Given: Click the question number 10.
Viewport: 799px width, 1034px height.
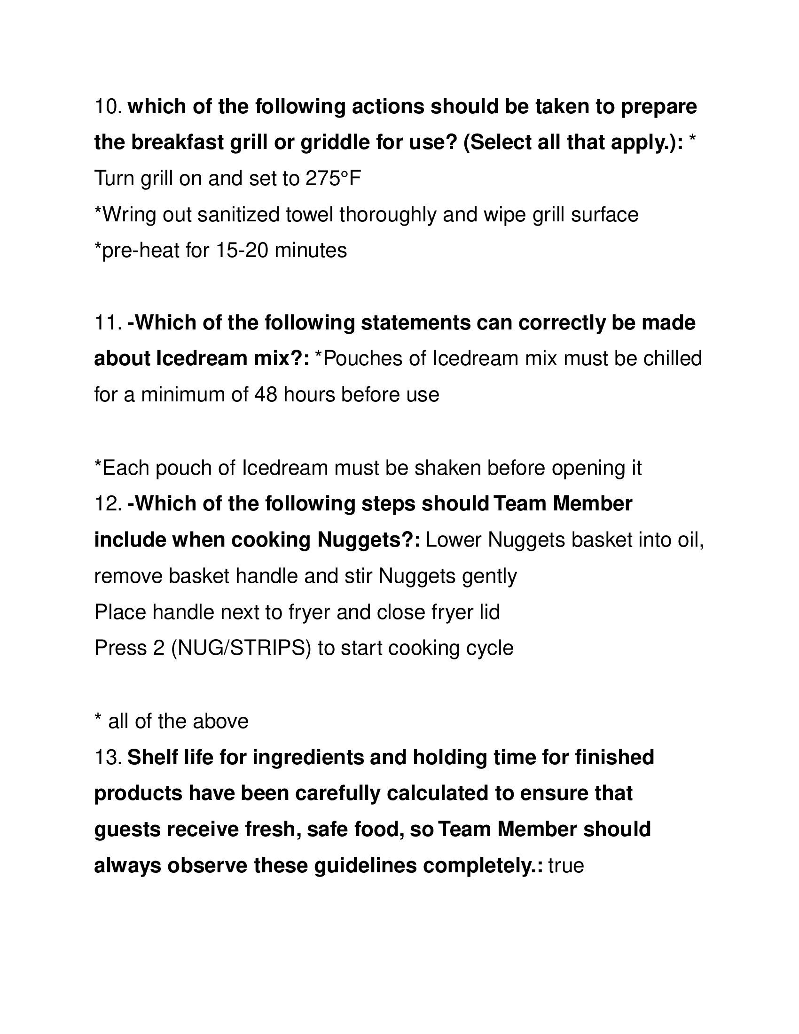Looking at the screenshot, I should (108, 107).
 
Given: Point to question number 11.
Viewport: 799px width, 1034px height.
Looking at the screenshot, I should (108, 323).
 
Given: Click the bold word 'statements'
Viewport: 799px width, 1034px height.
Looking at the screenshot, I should (416, 323).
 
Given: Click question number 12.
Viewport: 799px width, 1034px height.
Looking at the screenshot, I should (108, 504).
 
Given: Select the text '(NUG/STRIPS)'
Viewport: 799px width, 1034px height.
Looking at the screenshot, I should (241, 648).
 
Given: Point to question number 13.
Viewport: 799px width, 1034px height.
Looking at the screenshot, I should (108, 758).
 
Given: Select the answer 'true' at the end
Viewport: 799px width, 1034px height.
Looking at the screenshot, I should (566, 866).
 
